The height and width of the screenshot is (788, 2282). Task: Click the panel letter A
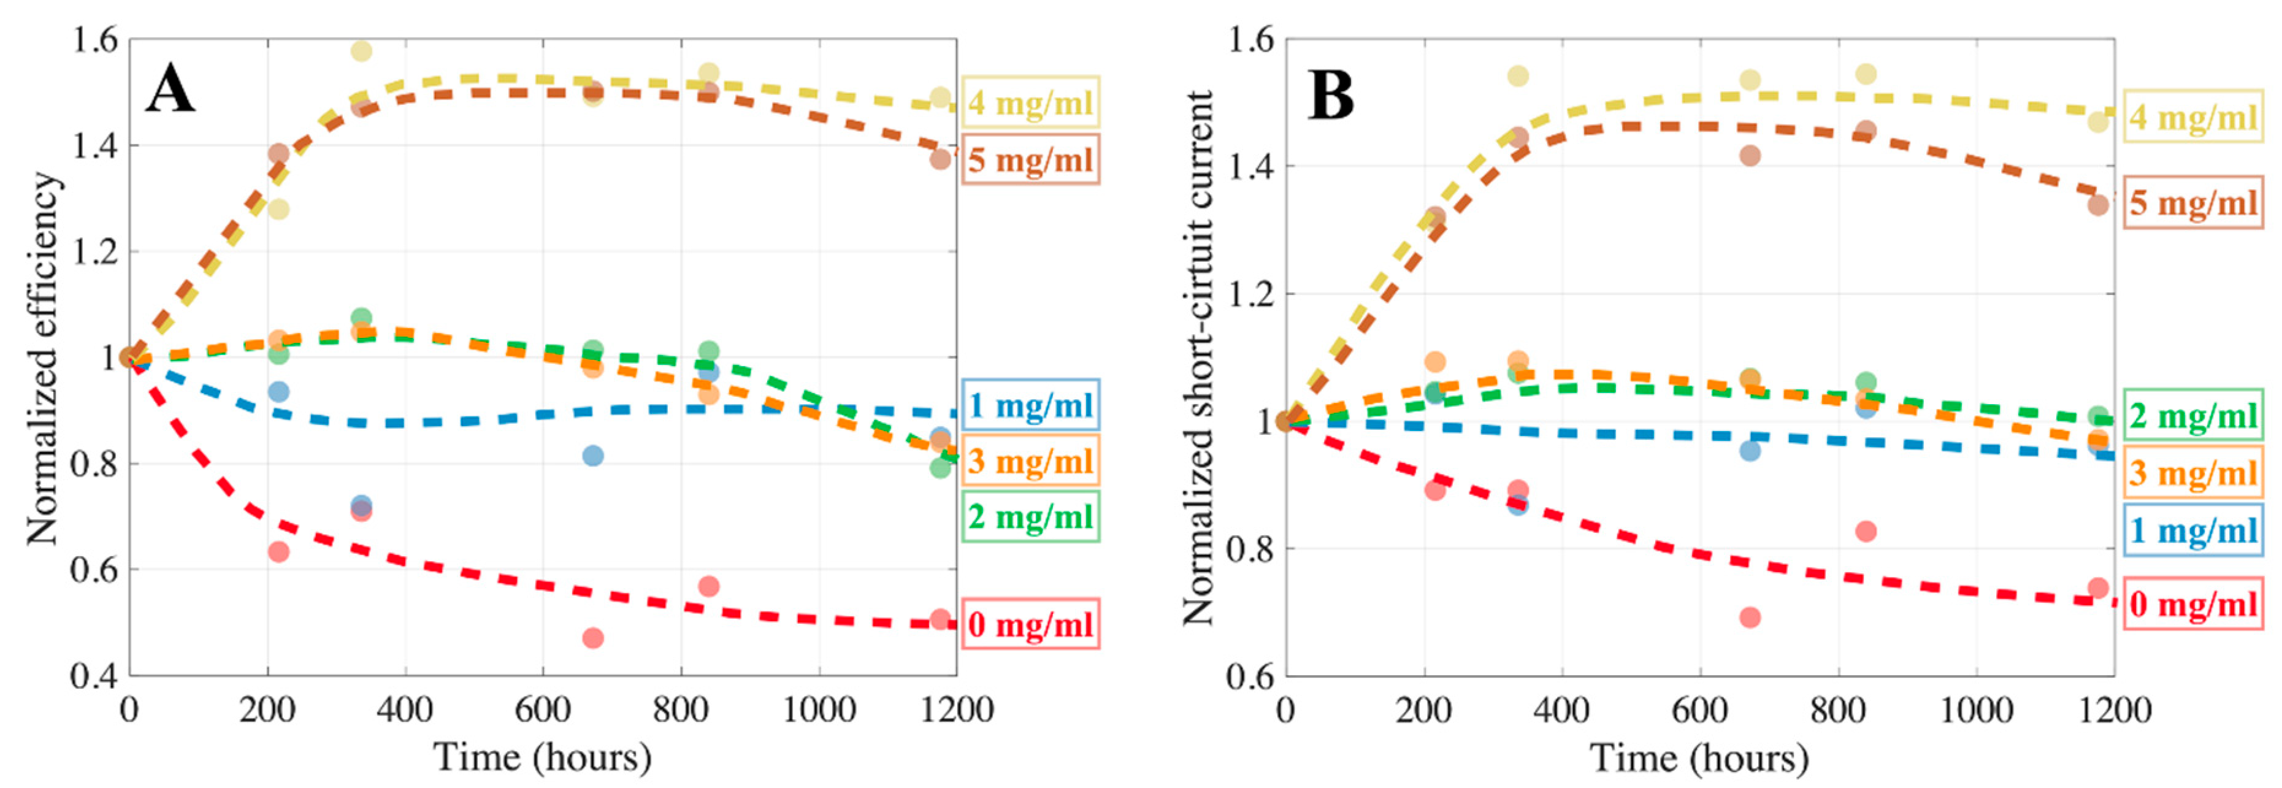point(170,90)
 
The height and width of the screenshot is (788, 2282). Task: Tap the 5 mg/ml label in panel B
point(2192,203)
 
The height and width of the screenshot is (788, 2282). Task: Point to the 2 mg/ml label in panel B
point(2192,415)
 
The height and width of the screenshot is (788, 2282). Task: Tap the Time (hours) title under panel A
point(542,757)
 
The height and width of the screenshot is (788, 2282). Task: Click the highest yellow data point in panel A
point(361,50)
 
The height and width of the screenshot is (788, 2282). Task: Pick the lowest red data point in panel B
point(1750,617)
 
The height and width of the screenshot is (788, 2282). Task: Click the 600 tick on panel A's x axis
point(542,710)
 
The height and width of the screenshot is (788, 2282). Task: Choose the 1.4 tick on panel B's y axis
point(1250,166)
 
